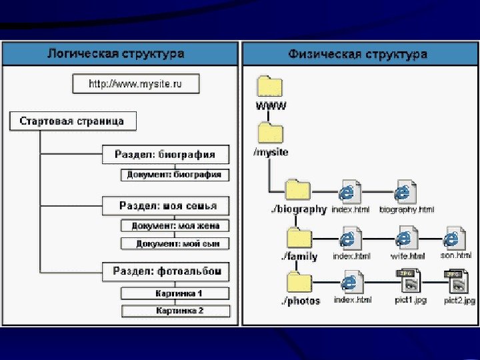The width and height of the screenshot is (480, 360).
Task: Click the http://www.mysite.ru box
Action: point(135,85)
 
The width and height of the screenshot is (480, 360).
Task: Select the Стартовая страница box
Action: point(71,122)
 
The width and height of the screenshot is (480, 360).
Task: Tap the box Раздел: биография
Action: point(165,155)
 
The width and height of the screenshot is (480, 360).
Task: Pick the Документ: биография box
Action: point(175,175)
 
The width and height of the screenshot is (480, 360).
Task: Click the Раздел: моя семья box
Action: point(167,205)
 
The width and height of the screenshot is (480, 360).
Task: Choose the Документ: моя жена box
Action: point(175,226)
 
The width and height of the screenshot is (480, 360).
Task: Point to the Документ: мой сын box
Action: point(175,244)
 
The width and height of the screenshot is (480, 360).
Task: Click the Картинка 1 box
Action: point(175,293)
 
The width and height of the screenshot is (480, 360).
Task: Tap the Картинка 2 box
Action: point(175,311)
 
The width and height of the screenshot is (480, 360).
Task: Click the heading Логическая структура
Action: point(115,53)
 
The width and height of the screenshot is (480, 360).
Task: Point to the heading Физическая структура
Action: point(357,53)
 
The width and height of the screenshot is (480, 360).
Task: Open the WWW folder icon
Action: point(270,87)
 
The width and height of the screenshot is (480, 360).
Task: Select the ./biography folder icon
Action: point(297,189)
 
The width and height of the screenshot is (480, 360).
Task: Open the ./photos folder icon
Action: point(297,282)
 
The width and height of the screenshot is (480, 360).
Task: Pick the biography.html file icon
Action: point(404,192)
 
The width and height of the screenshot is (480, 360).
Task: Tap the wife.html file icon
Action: point(405,239)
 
